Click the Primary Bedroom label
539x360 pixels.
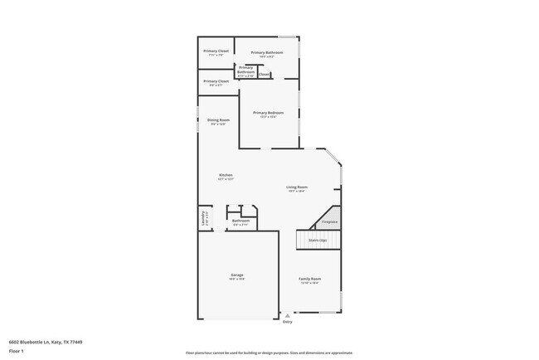coord(268,113)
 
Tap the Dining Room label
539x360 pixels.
coord(218,120)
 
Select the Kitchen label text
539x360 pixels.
coord(226,175)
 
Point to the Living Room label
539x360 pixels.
coord(297,187)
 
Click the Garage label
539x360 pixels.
coord(237,275)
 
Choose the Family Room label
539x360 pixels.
coord(309,279)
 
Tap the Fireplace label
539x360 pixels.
coord(329,221)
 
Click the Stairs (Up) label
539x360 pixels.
coord(318,240)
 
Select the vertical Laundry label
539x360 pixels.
coord(203,218)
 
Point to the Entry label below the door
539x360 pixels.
coord(288,322)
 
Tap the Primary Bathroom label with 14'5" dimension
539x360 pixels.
coord(267,53)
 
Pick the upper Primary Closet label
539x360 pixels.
coord(216,51)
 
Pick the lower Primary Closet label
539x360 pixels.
coord(216,81)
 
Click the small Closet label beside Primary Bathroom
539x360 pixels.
coord(264,75)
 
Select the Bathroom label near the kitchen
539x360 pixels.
coord(241,221)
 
